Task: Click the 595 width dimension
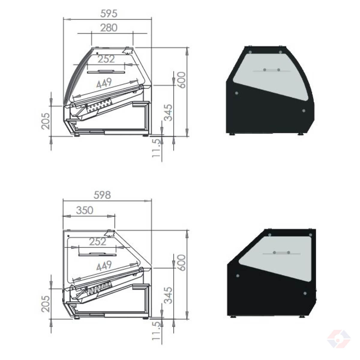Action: pos(109,13)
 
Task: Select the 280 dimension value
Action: pos(109,28)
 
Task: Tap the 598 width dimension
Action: pos(102,195)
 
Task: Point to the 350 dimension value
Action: pos(85,210)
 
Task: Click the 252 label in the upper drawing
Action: pos(106,59)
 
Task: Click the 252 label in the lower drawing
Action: pos(98,241)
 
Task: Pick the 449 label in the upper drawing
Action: pos(104,83)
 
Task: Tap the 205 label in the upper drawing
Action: pos(46,121)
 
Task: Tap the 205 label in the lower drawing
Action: pos(46,304)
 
